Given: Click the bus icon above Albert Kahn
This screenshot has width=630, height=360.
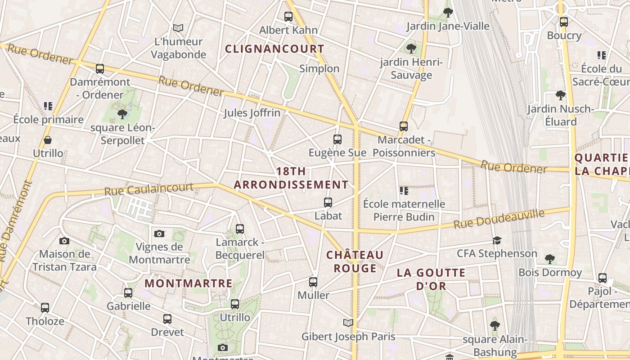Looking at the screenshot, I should coord(288,17).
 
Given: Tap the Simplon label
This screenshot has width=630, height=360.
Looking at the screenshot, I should coord(319,68).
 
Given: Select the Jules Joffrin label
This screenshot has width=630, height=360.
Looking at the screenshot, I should coord(252,113).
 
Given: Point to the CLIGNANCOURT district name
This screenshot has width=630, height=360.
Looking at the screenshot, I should coord(274,49).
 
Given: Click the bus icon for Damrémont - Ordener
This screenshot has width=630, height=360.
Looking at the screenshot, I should coord(100,69).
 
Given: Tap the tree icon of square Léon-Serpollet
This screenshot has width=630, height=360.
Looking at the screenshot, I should coord(122,114).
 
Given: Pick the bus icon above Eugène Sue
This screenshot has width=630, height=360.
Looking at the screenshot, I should coord(337,139).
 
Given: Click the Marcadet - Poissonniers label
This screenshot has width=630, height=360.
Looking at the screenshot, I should coord(404,146).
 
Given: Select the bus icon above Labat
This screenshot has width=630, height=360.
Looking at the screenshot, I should coord(328,202).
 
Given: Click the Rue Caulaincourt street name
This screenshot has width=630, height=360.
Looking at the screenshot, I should coord(149,189).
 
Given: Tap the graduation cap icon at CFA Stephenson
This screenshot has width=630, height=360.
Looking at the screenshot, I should coord(497,240).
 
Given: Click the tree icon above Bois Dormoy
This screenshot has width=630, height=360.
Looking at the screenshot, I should coord(549,259).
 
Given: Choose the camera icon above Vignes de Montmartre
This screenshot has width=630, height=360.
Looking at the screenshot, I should coord(159,234).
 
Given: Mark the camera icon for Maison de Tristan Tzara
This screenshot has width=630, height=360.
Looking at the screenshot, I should coord(64,241).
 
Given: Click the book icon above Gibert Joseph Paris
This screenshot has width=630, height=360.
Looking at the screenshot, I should coord(348,323).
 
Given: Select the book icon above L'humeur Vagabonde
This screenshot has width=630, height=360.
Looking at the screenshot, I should coord(178,28).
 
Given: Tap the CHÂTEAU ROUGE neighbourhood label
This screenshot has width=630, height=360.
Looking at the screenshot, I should coord(355,262).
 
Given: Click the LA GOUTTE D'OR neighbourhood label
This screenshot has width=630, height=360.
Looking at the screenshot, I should coord(431,279).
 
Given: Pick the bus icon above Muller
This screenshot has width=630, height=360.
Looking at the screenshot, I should coord(313,282).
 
